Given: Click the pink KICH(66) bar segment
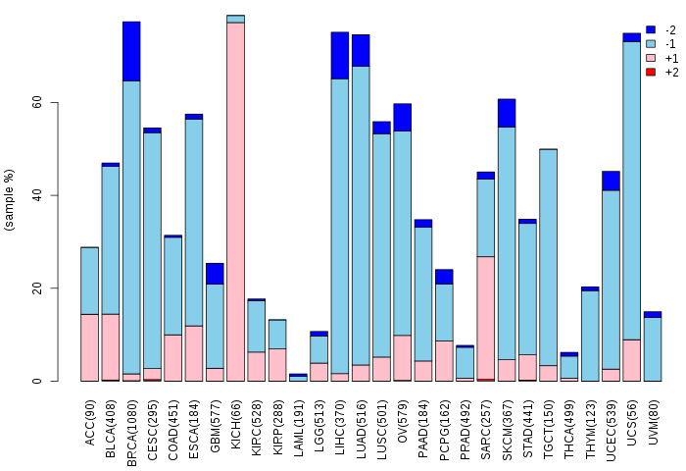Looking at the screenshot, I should click(x=235, y=201).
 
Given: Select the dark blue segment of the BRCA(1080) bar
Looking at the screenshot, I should click(x=131, y=51).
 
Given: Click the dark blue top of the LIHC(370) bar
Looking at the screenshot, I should click(x=340, y=55).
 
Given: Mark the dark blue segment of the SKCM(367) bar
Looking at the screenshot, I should click(x=507, y=113).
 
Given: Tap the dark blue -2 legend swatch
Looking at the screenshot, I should click(x=651, y=30).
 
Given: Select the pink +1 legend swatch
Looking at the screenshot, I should click(x=651, y=59).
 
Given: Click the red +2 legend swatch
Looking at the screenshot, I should click(x=651, y=73).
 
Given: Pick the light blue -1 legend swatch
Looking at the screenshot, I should click(x=651, y=44).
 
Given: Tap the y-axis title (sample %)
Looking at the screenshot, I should click(x=10, y=200).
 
